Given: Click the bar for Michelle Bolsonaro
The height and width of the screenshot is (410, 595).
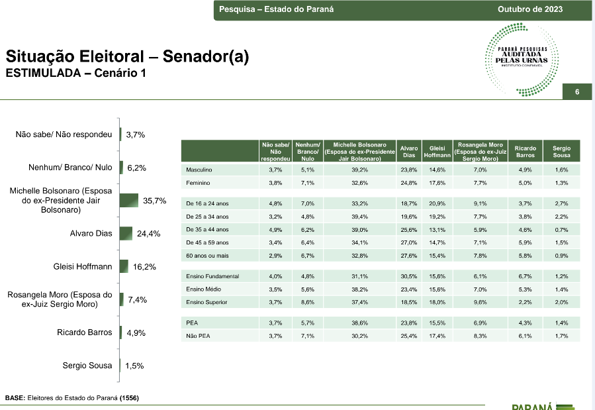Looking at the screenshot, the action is point(129,201).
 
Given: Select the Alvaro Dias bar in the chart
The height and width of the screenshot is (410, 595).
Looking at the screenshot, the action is point(126,233).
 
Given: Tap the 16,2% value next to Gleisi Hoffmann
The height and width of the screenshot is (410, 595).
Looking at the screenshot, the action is point(144,267).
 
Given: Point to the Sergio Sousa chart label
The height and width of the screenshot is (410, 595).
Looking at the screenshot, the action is point(87,366).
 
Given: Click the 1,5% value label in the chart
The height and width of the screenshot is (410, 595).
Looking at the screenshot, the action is point(134,366).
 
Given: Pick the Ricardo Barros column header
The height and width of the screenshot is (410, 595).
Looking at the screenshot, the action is point(526,152).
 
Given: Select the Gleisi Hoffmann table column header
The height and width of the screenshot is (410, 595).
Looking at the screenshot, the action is point(437,152).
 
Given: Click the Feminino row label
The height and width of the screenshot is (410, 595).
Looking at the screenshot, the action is point(198,183).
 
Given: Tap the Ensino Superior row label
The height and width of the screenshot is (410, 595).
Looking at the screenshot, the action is point(206,302).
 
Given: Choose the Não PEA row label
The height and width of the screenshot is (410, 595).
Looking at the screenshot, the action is point(198,336).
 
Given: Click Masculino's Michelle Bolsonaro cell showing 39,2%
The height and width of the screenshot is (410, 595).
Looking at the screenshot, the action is point(359,170).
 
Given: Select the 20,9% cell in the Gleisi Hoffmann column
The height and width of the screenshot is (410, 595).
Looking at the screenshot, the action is point(437,203).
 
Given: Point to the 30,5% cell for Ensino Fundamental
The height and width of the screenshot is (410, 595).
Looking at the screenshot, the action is point(408,276).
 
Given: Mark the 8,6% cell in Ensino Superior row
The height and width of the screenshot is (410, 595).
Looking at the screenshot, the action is point(307,302).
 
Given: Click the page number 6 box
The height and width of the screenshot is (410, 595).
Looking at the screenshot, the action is point(576,91).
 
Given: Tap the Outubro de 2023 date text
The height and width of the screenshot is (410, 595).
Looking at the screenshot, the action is point(530,9).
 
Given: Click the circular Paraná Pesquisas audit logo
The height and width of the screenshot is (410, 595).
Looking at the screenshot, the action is point(522,59).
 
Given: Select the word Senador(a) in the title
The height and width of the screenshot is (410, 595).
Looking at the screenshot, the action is point(206,56).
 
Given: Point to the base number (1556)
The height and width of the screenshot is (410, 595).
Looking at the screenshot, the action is point(129,398).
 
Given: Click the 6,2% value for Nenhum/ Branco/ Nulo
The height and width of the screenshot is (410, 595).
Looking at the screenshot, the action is point(136,168).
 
